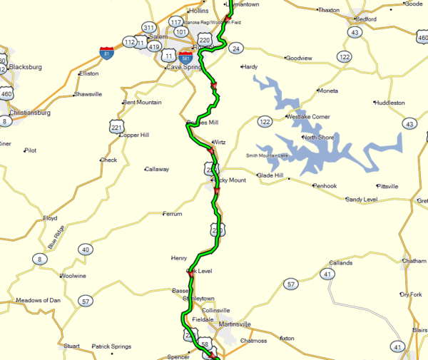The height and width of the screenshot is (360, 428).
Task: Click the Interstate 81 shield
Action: tap(106, 53)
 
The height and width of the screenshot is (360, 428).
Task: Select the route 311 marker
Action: tap(148, 28)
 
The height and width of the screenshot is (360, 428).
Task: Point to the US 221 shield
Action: tap(116, 127)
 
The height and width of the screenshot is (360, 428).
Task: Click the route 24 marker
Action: tap(236, 48)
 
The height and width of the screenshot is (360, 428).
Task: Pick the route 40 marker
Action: tap(86, 250)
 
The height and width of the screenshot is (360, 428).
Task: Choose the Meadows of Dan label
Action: tap(39, 300)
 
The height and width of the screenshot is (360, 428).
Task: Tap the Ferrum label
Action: tap(173, 214)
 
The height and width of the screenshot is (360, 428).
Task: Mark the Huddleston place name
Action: tap(389, 103)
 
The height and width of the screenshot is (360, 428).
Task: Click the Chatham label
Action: tap(414, 262)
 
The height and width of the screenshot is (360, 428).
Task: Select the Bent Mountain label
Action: tap(142, 103)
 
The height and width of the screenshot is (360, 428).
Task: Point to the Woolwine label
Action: tap(73, 275)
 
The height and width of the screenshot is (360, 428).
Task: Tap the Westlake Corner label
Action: tap(308, 116)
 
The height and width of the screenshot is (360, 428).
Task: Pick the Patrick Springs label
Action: tap(111, 346)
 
